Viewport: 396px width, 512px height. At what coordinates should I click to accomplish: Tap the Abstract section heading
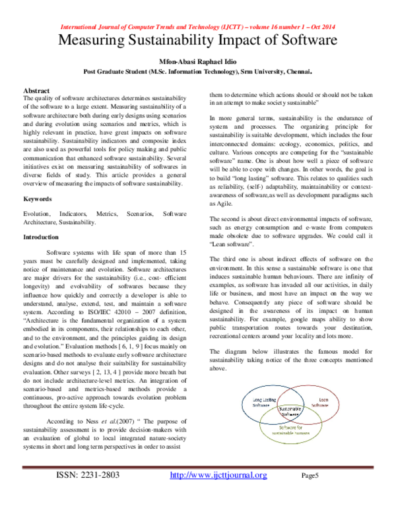[36, 89]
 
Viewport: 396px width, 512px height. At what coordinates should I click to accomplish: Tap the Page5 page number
[310, 494]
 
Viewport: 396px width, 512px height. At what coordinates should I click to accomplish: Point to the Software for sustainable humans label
[290, 430]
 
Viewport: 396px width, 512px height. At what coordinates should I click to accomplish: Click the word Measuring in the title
[90, 40]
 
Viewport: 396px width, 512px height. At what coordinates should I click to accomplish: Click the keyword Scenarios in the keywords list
[138, 214]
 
